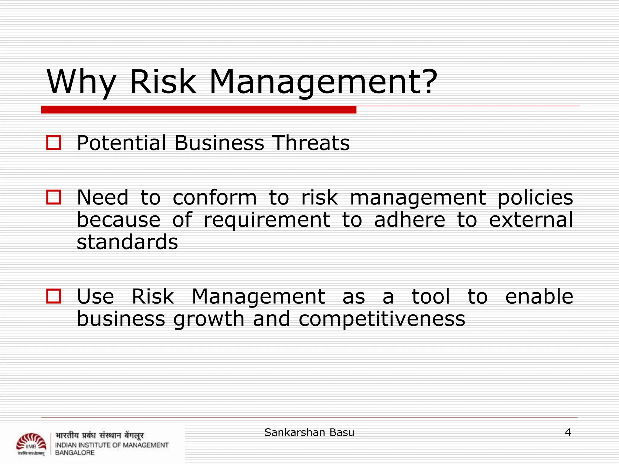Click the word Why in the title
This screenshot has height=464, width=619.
[x=81, y=82]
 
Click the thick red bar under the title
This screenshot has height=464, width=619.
[x=199, y=110]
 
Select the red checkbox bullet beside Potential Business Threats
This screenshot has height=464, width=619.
[x=54, y=143]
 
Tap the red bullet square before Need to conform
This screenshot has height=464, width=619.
[x=54, y=197]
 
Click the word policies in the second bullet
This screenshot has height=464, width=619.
[x=535, y=198]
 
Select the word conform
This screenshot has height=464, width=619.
[x=215, y=198]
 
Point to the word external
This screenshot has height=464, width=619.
[x=531, y=220]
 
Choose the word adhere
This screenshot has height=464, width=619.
[x=410, y=220]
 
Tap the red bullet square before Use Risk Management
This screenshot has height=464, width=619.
[x=54, y=296]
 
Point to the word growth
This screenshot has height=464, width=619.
[x=209, y=320]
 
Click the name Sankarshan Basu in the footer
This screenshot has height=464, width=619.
[x=309, y=432]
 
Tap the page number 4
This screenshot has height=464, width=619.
[x=568, y=432]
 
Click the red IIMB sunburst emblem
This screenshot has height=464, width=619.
[x=31, y=443]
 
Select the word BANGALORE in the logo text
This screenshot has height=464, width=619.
[x=75, y=453]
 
